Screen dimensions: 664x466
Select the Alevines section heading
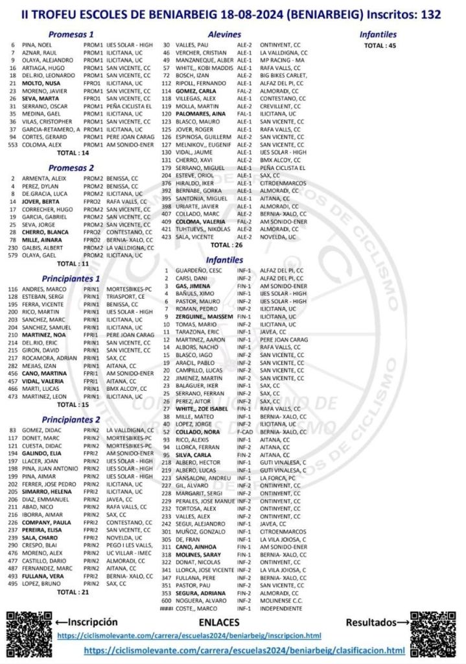coord(224,34)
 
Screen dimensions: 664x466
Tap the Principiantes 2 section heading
coord(71,419)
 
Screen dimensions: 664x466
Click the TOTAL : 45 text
coord(380,45)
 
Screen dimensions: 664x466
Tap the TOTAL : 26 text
coord(226,245)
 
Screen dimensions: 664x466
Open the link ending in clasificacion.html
coord(244,650)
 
